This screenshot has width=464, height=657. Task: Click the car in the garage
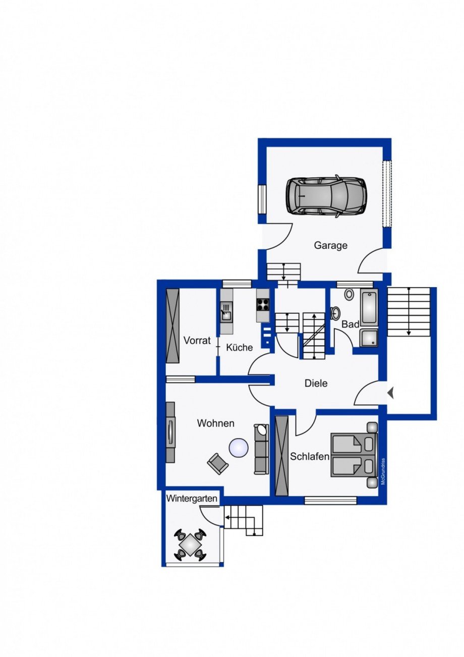click(326, 196)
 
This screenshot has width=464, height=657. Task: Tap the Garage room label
click(331, 245)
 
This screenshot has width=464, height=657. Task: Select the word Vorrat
click(197, 341)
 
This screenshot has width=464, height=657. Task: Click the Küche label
click(239, 347)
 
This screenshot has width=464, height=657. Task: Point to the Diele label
click(316, 383)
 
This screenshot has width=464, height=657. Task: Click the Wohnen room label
click(216, 423)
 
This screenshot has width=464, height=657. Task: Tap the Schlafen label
click(310, 456)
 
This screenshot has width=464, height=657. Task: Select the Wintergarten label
click(192, 499)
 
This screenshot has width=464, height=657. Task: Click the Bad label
click(351, 324)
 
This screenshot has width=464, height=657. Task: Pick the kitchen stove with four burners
click(263, 304)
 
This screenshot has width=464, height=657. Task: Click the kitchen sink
click(226, 312)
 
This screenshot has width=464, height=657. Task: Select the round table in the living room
click(239, 447)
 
